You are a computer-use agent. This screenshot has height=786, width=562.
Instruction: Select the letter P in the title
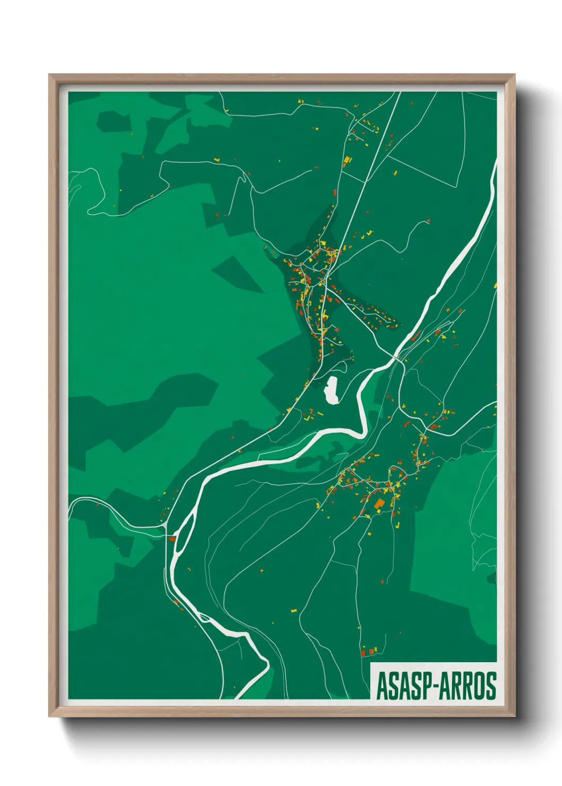tap(428, 686)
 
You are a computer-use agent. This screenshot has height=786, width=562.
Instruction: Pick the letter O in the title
tap(480, 686)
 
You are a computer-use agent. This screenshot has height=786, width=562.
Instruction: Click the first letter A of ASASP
tap(381, 686)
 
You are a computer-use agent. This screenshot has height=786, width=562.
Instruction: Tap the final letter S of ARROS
tap(491, 686)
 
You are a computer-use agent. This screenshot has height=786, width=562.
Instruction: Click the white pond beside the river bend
tap(332, 390)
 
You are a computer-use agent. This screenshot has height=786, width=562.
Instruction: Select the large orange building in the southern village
tap(379, 503)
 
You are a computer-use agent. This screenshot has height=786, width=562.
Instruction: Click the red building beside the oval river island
tap(172, 539)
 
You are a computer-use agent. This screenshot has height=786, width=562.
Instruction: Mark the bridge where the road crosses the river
tap(398, 358)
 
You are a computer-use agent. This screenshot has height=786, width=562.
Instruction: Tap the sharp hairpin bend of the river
tap(363, 425)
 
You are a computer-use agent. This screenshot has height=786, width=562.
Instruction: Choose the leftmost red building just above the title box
tap(364, 653)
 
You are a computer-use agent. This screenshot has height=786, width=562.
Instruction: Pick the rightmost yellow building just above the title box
tap(375, 650)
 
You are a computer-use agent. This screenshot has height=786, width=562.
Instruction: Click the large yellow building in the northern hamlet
tap(347, 159)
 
